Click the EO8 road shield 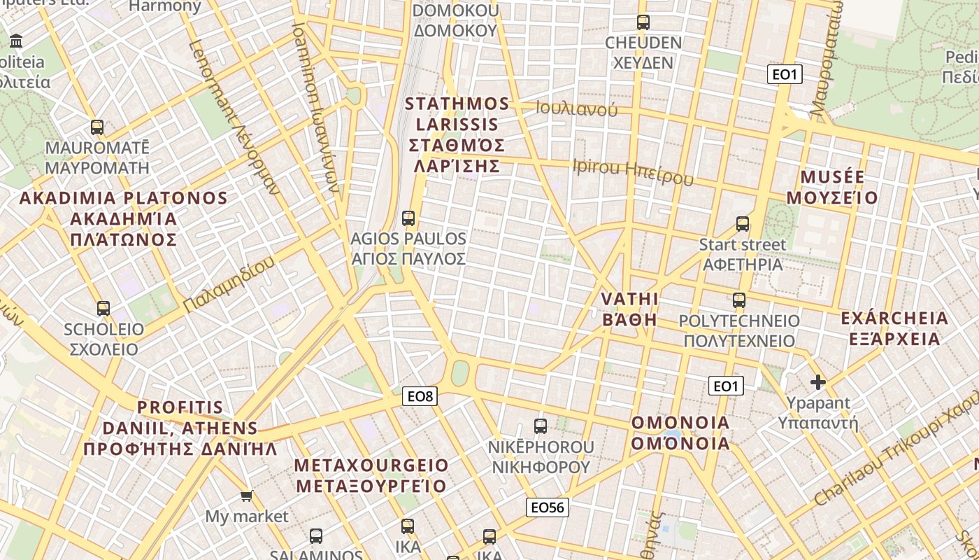421,396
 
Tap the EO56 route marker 548,507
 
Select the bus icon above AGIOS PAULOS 408,218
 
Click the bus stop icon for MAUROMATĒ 97,127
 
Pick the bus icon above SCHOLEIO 103,308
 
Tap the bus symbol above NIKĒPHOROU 541,426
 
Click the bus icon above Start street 743,224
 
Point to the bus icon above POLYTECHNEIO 739,300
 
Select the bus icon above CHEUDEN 643,22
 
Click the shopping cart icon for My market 246,496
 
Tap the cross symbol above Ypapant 818,382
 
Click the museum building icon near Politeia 16,41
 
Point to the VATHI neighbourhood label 629,300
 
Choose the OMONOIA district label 680,423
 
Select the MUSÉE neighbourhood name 832,176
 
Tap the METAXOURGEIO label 371,465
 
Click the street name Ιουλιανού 577,108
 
